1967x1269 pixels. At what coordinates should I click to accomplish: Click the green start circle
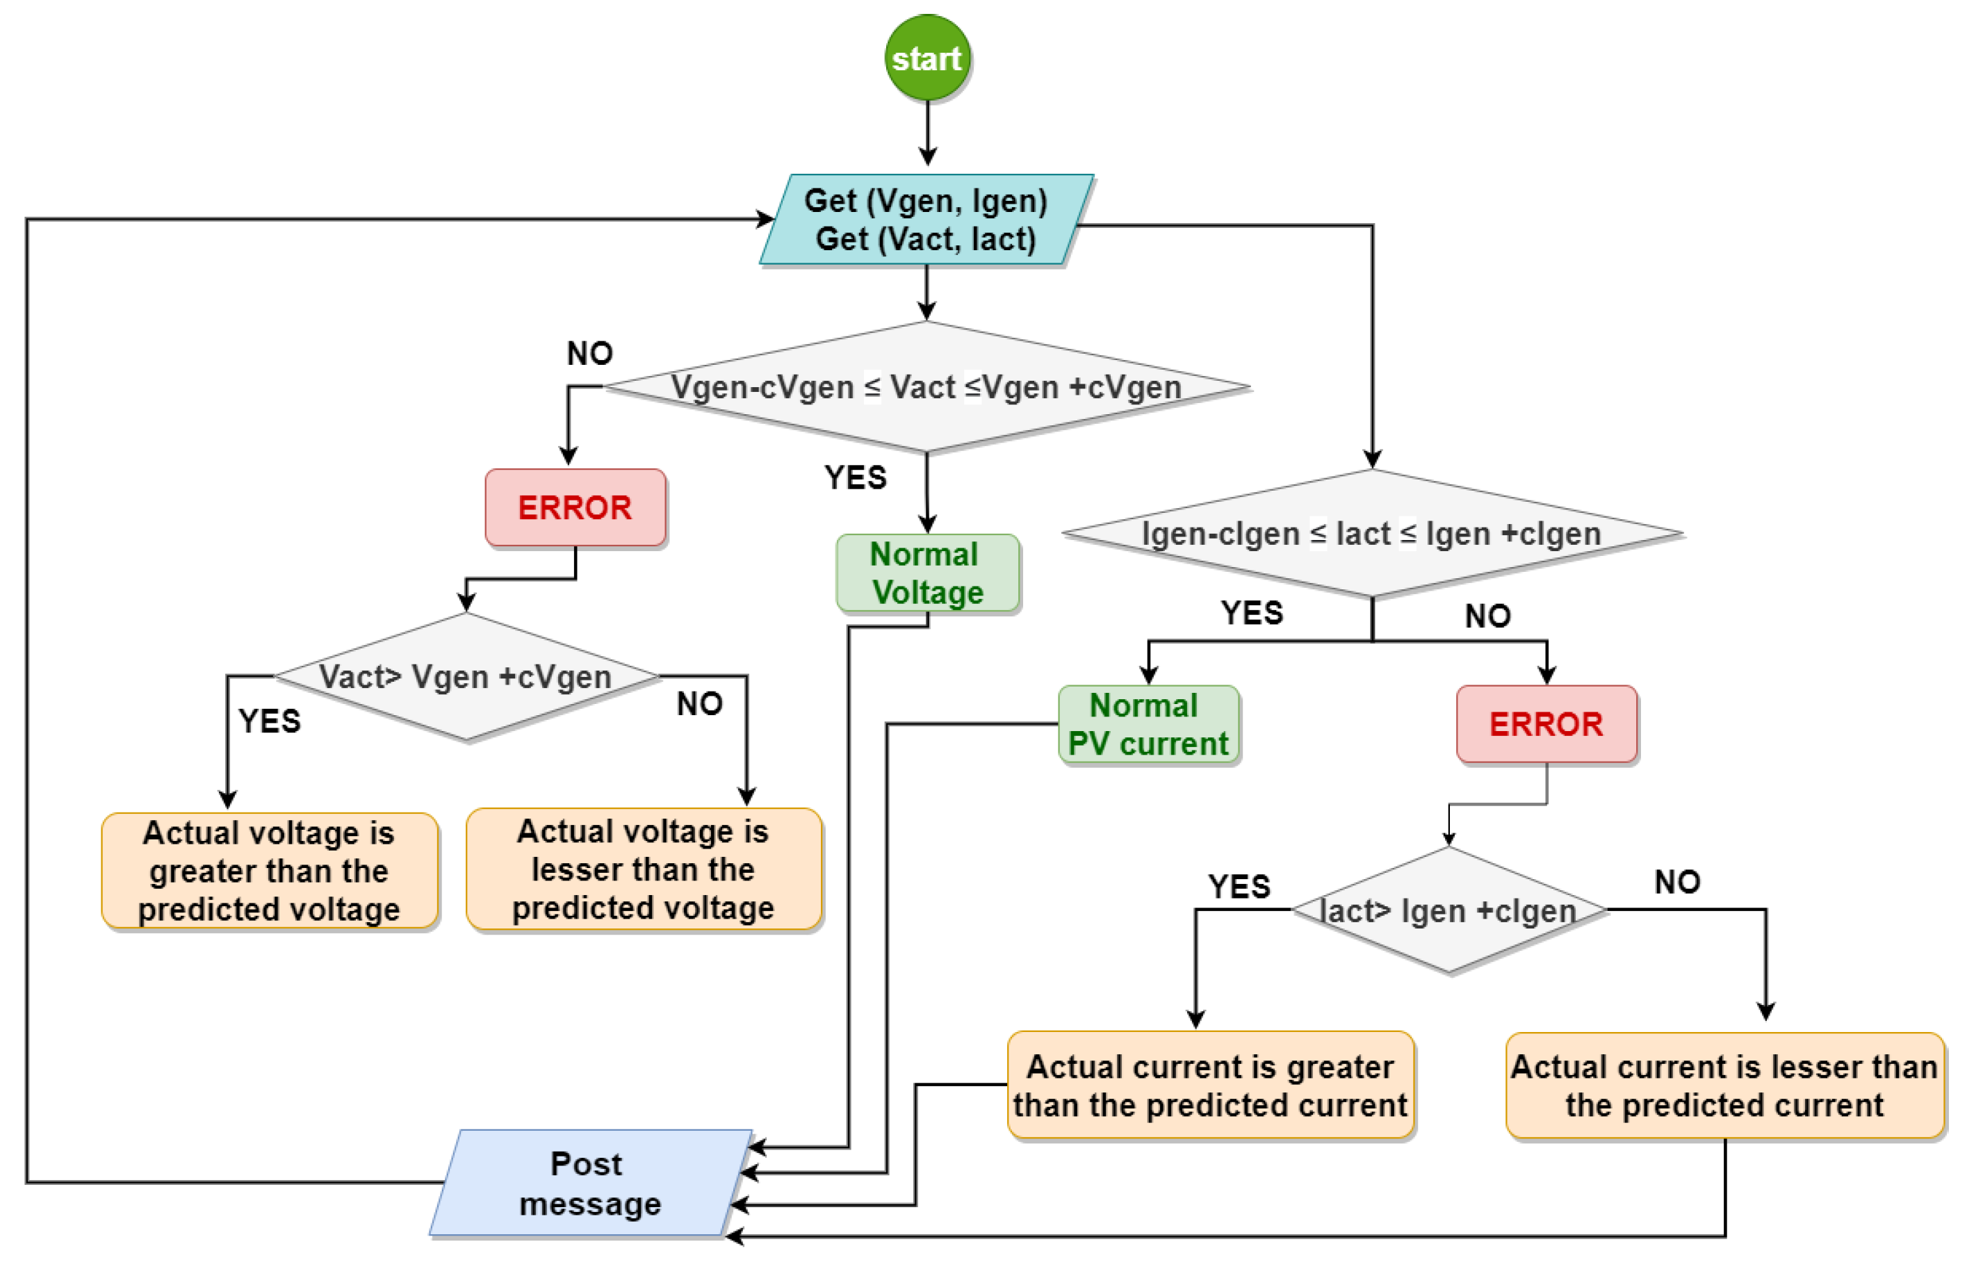tap(927, 58)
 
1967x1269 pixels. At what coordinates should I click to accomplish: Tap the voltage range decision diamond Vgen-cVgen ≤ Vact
tap(927, 386)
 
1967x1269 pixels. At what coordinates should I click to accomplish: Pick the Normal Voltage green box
tap(927, 573)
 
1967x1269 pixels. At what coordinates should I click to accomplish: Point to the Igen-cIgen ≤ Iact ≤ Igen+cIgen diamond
tap(1371, 533)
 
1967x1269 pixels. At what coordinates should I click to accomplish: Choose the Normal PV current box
tap(1148, 724)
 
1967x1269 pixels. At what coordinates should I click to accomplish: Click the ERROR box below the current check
tap(1546, 723)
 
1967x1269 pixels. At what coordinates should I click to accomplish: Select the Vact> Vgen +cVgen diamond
tap(466, 676)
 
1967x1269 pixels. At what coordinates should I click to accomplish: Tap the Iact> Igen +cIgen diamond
tap(1448, 910)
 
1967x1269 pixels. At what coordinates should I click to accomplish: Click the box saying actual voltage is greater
tap(269, 870)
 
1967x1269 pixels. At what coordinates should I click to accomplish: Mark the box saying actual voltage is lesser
tap(643, 869)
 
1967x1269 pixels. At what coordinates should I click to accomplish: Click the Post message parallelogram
tap(589, 1183)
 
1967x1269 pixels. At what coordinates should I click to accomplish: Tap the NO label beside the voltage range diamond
tap(589, 354)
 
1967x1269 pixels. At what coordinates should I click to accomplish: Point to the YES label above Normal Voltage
tap(856, 477)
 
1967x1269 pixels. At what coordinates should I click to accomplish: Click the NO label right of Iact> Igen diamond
tap(1677, 882)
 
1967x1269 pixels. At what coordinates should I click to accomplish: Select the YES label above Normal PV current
tap(1252, 612)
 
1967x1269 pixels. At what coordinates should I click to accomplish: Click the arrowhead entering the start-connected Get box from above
tap(927, 157)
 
